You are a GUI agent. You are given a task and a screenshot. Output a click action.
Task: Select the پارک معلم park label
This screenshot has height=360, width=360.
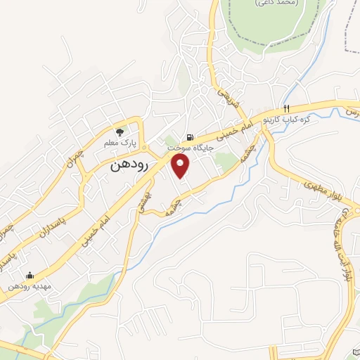point(119,143)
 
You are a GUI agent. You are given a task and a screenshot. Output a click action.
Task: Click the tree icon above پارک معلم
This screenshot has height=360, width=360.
point(120,131)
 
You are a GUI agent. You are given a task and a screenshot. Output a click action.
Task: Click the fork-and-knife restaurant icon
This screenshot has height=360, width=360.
point(286,108)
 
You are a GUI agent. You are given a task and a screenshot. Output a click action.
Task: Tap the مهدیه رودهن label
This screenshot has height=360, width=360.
point(29,287)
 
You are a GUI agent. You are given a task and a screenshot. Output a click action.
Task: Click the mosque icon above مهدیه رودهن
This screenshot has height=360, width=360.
point(29,276)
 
